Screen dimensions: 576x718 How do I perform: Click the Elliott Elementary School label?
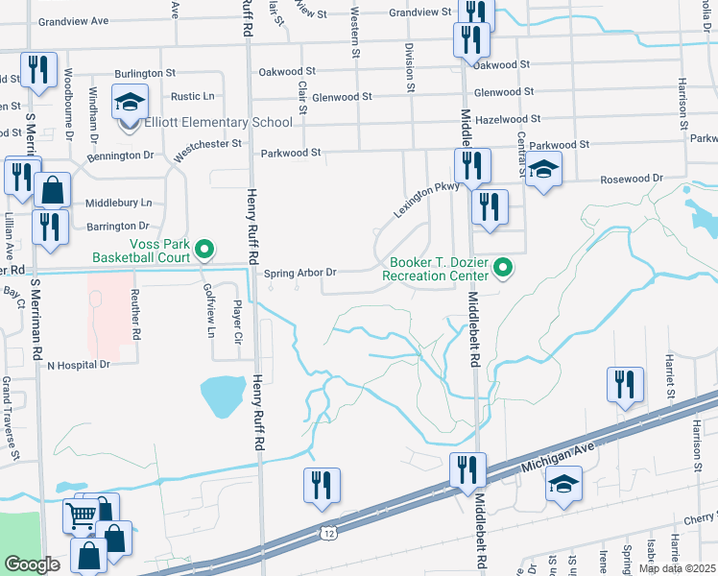click(x=218, y=122)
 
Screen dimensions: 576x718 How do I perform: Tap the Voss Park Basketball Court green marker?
click(x=203, y=251)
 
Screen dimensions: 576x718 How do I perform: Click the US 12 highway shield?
click(x=329, y=532)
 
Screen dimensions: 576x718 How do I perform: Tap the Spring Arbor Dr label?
click(x=300, y=272)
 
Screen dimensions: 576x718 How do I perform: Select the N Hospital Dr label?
click(x=80, y=365)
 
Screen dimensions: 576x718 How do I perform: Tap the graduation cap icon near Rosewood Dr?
click(x=544, y=171)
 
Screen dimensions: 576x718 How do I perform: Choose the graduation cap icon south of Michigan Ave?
click(x=564, y=484)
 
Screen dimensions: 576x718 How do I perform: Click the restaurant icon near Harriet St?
click(x=625, y=383)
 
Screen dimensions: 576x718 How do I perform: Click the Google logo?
click(x=32, y=564)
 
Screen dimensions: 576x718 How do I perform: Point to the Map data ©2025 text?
click(x=676, y=568)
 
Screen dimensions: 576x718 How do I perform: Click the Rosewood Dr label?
click(x=632, y=179)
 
